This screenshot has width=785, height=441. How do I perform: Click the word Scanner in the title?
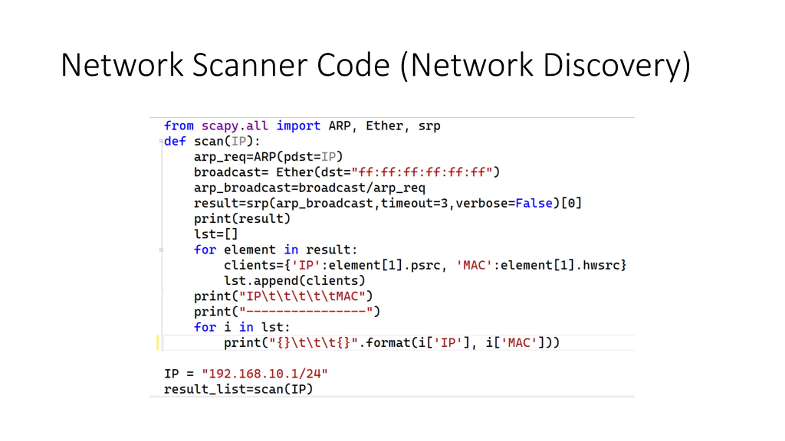(x=250, y=65)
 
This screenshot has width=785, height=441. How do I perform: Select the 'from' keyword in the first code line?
(x=179, y=126)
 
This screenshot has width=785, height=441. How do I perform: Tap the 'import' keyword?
(x=298, y=126)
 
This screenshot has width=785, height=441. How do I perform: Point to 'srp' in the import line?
(x=429, y=126)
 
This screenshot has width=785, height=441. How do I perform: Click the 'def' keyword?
(x=175, y=141)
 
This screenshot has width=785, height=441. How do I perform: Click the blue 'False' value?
(x=534, y=203)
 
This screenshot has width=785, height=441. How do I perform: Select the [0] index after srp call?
(x=571, y=203)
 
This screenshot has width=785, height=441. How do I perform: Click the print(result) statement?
(x=242, y=219)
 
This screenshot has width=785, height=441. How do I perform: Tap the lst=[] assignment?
(x=216, y=234)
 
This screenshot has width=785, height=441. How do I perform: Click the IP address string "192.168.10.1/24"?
(x=265, y=374)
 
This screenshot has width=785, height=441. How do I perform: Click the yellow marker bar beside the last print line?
(x=158, y=343)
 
